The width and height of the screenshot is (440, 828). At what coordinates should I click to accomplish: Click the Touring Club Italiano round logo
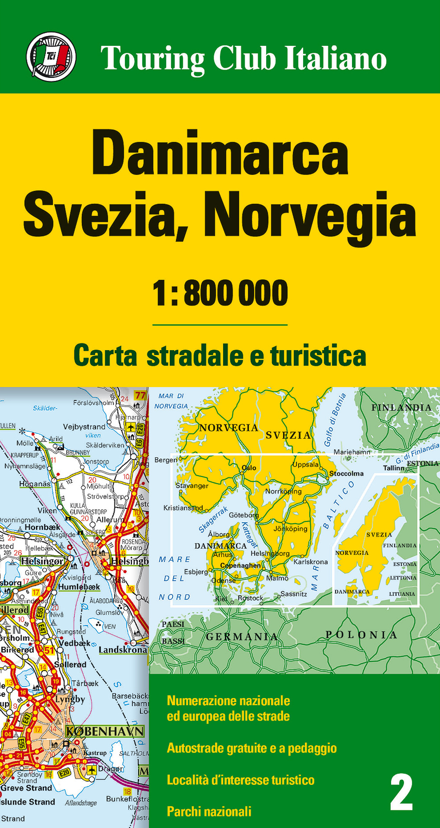tap(51, 57)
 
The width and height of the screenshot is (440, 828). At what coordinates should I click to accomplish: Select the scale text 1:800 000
tap(220, 293)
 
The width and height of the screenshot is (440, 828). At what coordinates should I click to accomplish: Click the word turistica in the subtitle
tap(318, 356)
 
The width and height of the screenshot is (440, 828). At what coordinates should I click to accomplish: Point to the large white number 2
tap(401, 792)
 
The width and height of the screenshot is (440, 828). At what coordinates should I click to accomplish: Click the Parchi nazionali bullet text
tap(209, 811)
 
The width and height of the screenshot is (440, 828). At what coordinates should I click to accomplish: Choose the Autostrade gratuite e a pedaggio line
tap(252, 748)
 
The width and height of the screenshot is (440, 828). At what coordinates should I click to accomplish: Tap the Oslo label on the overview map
tap(249, 468)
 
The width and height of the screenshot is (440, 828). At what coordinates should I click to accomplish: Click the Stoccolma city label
tap(347, 473)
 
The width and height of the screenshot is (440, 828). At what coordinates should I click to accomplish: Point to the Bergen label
tap(165, 460)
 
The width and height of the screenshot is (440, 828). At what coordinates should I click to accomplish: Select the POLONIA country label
tap(361, 635)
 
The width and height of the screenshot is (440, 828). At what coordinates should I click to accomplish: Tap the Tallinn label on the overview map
tap(393, 468)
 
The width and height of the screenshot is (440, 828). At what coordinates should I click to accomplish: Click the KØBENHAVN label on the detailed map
tap(105, 732)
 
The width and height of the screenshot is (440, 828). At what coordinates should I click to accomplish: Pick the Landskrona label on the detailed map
tap(122, 650)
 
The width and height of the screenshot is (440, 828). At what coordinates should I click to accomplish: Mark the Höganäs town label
tap(35, 484)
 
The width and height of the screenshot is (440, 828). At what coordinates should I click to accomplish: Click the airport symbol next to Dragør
tap(92, 769)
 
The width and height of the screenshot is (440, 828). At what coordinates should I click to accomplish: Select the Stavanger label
tap(192, 486)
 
